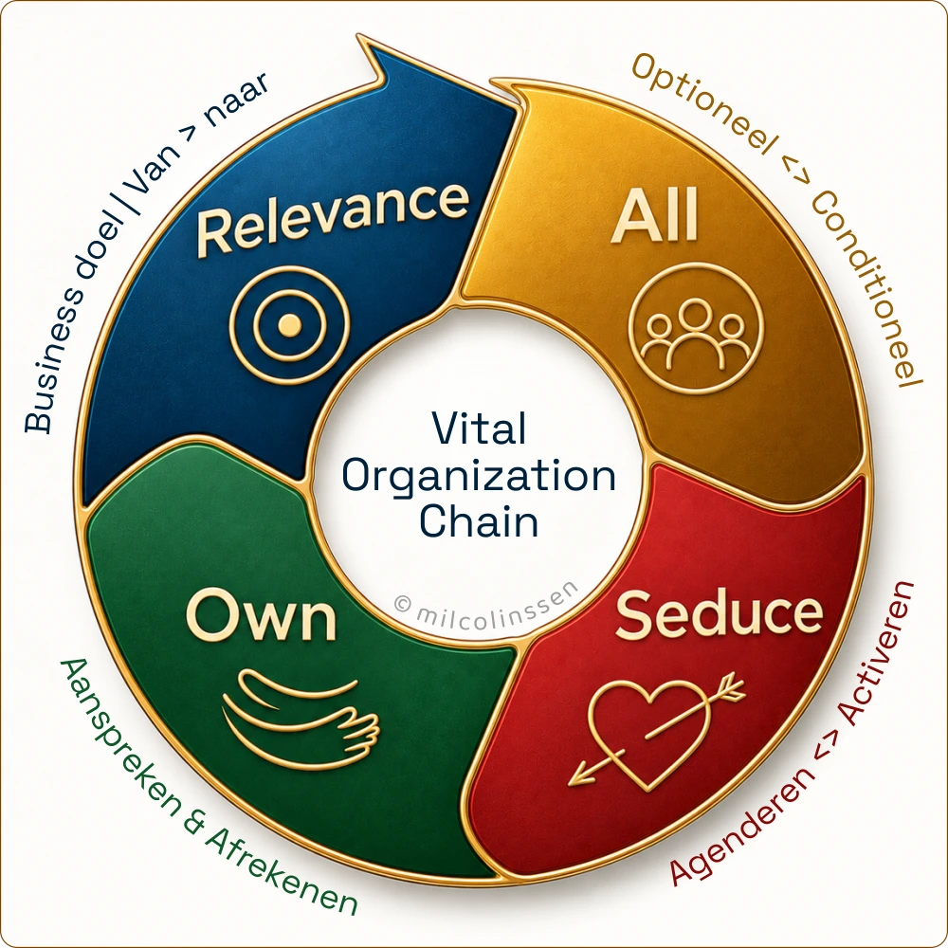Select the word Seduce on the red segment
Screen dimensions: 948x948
(719, 613)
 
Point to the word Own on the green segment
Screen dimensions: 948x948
(262, 616)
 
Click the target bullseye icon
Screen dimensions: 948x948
(289, 324)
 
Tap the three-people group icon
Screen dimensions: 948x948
(696, 328)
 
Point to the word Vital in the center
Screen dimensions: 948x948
(479, 428)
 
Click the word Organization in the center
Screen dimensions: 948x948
(479, 477)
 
